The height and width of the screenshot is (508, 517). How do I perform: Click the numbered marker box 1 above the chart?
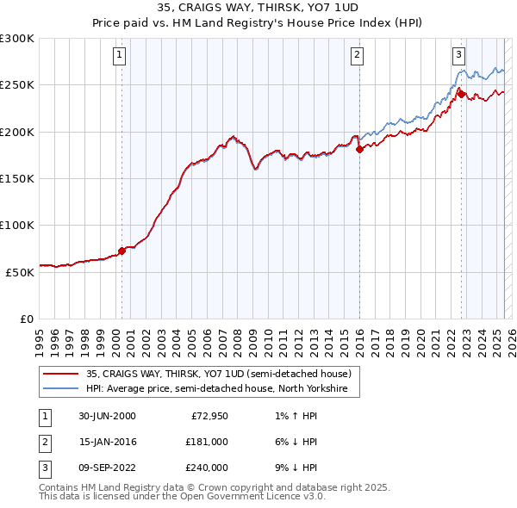(x=120, y=55)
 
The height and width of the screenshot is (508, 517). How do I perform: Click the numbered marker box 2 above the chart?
(x=357, y=55)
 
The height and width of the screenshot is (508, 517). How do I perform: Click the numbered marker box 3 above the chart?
(x=459, y=55)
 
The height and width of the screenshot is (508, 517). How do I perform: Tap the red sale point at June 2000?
(x=122, y=251)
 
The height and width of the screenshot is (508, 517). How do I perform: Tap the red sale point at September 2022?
(x=461, y=94)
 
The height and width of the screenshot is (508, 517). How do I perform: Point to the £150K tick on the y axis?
(x=18, y=178)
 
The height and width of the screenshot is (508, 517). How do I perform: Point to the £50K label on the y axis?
(x=21, y=271)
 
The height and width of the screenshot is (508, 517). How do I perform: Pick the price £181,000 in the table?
(x=206, y=442)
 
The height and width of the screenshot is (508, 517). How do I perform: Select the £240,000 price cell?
(x=206, y=468)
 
